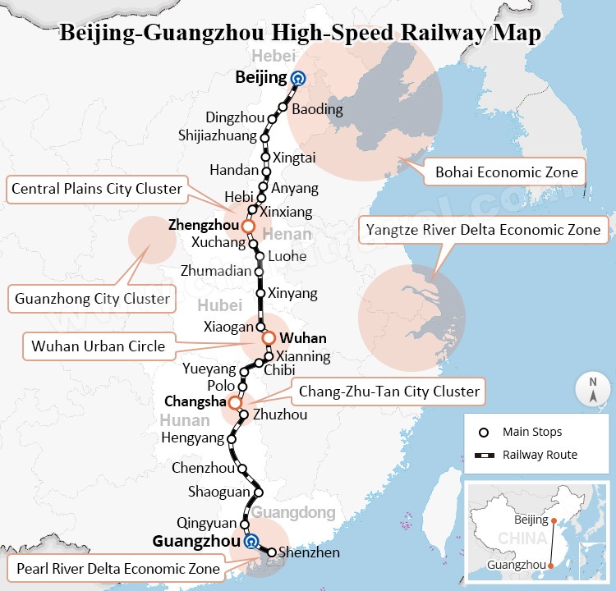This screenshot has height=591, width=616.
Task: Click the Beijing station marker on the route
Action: [297, 79]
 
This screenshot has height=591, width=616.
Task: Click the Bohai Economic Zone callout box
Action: [507, 172]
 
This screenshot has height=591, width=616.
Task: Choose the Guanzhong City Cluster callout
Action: [92, 299]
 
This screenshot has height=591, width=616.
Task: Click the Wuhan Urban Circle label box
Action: [98, 346]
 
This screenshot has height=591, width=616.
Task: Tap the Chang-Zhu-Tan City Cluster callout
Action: [388, 391]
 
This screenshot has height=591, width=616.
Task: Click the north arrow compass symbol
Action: [591, 388]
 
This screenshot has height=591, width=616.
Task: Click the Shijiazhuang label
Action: [217, 135]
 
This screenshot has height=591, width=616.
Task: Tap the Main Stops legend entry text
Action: [532, 432]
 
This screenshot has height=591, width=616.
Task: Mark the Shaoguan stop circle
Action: [259, 492]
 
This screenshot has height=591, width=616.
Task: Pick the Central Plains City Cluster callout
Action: [97, 189]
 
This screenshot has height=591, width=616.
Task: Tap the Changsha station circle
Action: [235, 402]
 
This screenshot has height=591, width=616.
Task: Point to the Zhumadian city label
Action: [217, 270]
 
